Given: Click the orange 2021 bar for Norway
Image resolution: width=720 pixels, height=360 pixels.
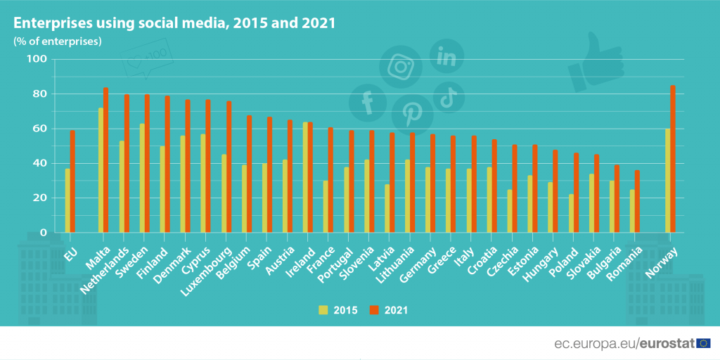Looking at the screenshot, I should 673,159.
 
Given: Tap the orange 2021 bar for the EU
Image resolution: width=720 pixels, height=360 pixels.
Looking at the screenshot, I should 72,181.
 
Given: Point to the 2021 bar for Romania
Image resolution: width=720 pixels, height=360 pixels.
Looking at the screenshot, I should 638,201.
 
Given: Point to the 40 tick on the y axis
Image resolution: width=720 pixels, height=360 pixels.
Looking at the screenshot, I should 39,163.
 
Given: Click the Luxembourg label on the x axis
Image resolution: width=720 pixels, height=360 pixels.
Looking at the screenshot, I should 214,266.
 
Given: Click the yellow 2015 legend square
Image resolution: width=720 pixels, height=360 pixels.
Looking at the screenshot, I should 323,309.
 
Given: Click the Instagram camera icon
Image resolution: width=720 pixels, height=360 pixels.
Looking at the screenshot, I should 401,67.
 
